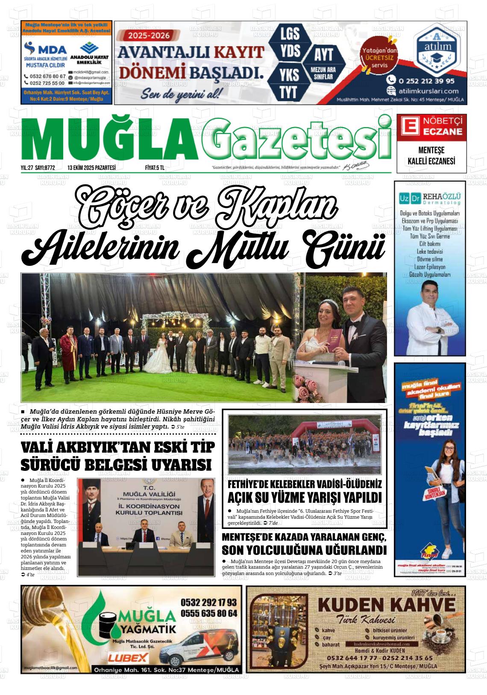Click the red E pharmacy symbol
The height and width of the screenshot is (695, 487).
click(409, 126)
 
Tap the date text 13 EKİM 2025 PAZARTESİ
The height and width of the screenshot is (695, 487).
click(91, 168)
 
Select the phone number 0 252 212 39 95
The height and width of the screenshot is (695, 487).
click(426, 81)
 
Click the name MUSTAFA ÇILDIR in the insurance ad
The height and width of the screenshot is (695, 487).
click(45, 65)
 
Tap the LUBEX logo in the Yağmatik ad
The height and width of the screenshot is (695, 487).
click(128, 657)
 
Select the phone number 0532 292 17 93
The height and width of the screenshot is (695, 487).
click(208, 602)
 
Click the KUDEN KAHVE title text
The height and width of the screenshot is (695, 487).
click(386, 605)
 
